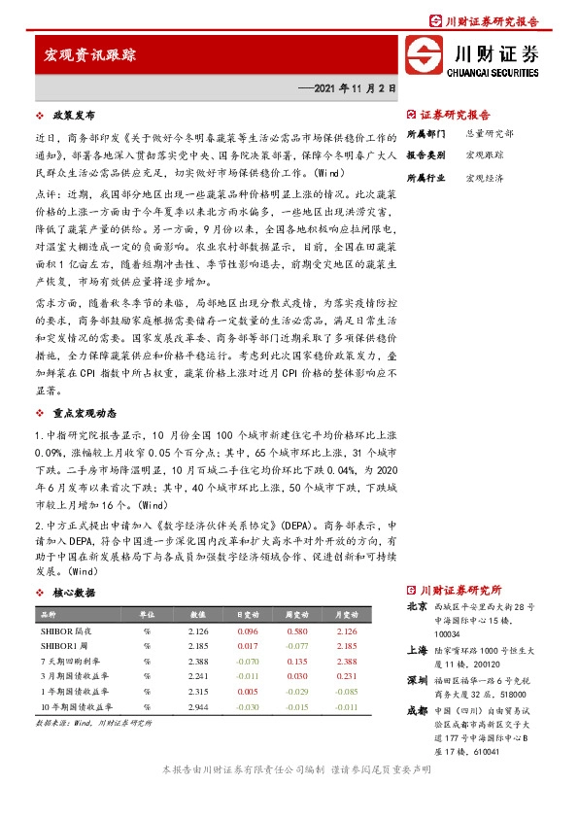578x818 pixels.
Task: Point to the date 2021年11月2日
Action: coord(354,87)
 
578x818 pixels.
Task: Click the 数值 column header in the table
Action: coord(198,615)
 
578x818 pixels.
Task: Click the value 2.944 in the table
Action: coord(198,708)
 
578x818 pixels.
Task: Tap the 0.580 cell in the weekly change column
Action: coord(295,631)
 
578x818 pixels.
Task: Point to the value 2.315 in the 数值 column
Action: coord(198,693)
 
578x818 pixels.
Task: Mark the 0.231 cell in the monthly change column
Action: coord(345,677)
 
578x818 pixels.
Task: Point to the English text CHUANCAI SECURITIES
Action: coord(493,71)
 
